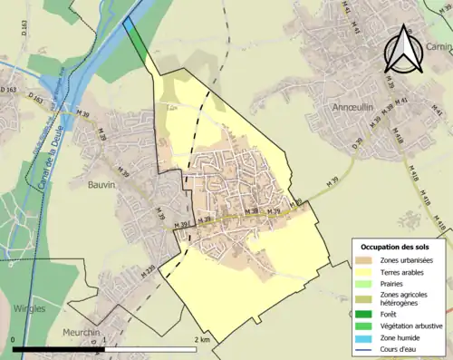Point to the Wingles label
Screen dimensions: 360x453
coord(30,308)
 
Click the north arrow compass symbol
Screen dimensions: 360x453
coord(401,50)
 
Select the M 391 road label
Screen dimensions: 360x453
coord(179,222)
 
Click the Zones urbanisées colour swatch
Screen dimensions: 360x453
coord(368,259)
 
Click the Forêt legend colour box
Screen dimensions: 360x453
coord(368,316)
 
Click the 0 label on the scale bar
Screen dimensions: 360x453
coord(14,339)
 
